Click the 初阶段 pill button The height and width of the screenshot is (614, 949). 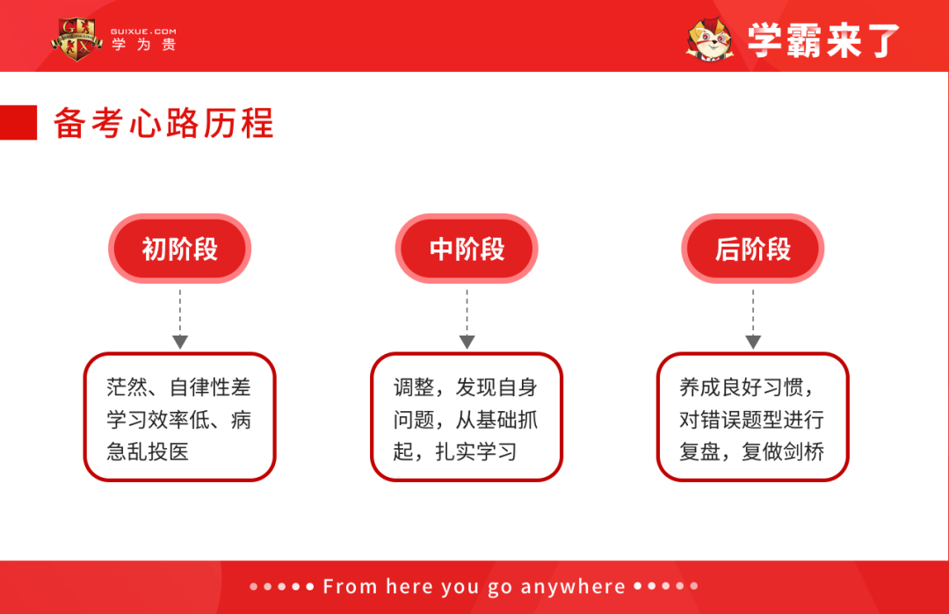(179, 249)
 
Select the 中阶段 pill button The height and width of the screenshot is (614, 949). (467, 249)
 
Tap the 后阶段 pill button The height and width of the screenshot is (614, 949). (753, 249)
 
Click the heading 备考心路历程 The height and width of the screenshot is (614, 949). (163, 123)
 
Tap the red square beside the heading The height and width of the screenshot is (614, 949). (18, 123)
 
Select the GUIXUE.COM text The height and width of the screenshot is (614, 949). (143, 31)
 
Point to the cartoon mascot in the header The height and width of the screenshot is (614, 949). (710, 40)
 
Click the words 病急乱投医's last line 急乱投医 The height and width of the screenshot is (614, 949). (148, 452)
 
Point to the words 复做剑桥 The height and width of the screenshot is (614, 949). (784, 452)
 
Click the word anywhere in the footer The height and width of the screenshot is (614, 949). (573, 587)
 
